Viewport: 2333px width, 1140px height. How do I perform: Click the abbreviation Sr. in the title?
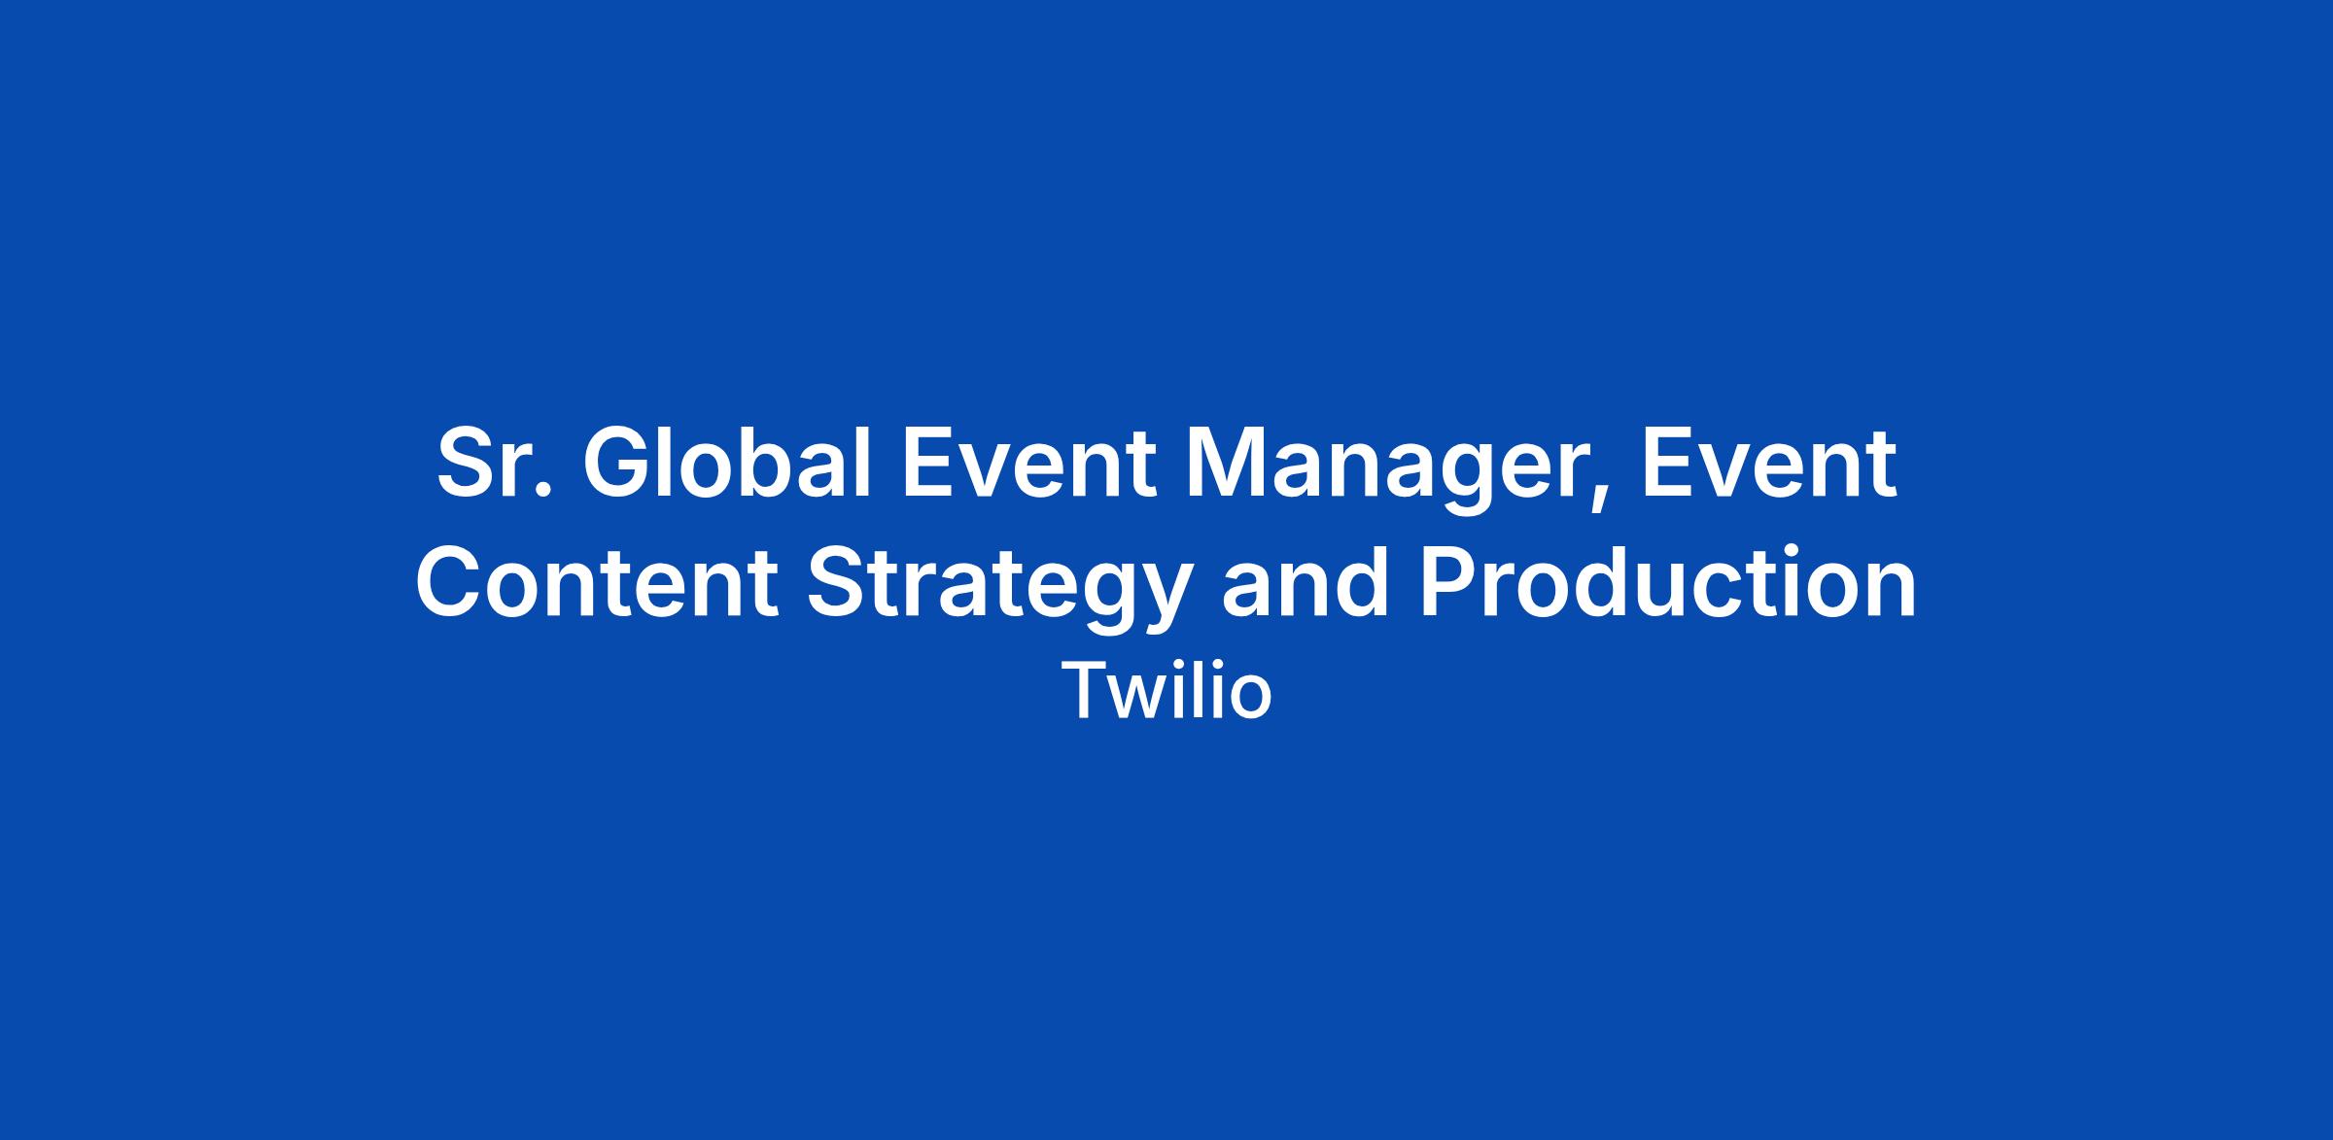tap(495, 464)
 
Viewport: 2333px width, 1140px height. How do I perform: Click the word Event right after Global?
tap(1029, 464)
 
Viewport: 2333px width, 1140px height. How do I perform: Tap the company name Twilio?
tap(1166, 691)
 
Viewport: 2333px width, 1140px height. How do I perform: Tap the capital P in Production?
tap(1449, 582)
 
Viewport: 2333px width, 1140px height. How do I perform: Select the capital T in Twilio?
tap(1085, 692)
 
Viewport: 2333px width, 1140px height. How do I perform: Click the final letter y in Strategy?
tap(1162, 602)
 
